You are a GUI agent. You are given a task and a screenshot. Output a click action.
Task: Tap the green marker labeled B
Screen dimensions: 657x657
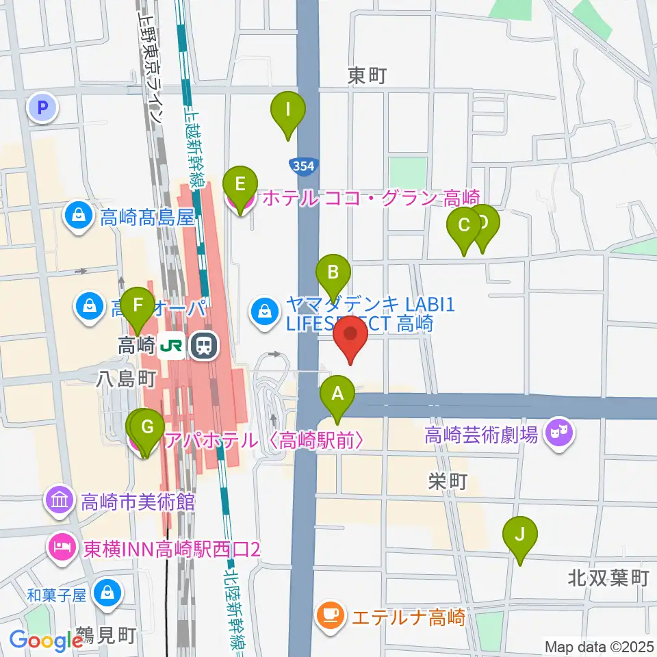[333, 274]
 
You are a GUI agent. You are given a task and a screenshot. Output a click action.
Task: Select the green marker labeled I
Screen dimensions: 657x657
[288, 110]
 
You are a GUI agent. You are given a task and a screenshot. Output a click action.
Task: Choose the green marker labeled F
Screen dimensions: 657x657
[138, 305]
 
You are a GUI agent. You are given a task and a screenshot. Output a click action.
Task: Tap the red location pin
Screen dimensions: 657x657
[351, 335]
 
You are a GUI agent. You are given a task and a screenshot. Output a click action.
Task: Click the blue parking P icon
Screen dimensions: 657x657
[42, 107]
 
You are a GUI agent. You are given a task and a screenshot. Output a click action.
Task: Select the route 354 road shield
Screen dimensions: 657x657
[302, 166]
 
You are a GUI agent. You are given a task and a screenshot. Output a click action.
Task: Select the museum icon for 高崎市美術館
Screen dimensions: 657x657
[60, 502]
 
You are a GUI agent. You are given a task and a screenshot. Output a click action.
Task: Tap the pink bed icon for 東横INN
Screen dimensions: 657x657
[60, 547]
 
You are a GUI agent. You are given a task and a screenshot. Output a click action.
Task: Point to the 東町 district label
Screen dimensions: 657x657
[367, 75]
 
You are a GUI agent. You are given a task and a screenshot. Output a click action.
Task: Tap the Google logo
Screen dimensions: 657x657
[47, 641]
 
